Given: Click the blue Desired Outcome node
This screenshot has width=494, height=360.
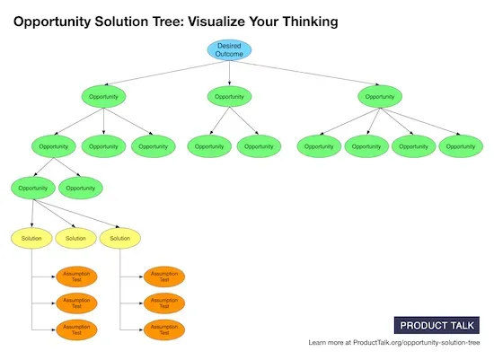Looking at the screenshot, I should coord(230,50).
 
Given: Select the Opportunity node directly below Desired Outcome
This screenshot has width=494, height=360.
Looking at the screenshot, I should coord(230,96).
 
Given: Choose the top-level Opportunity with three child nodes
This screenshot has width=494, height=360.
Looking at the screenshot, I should coord(103,96).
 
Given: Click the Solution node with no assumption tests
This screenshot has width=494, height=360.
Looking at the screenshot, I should coord(76,238).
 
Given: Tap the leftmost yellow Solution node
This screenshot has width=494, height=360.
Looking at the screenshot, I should coord(32,238).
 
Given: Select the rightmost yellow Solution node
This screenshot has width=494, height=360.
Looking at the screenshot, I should coord(120,238).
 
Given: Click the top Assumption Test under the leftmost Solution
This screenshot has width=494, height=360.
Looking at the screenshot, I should coord(76,277).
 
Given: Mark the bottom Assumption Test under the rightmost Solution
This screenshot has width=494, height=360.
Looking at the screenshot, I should coord(163,329).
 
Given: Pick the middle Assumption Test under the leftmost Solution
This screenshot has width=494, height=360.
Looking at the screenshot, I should coord(76,303).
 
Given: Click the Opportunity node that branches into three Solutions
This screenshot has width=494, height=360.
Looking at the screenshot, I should coord(32,189).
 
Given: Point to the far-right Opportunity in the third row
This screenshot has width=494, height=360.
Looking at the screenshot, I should coord(460,145).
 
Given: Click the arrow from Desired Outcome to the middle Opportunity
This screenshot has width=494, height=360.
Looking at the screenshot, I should coord(230,74).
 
